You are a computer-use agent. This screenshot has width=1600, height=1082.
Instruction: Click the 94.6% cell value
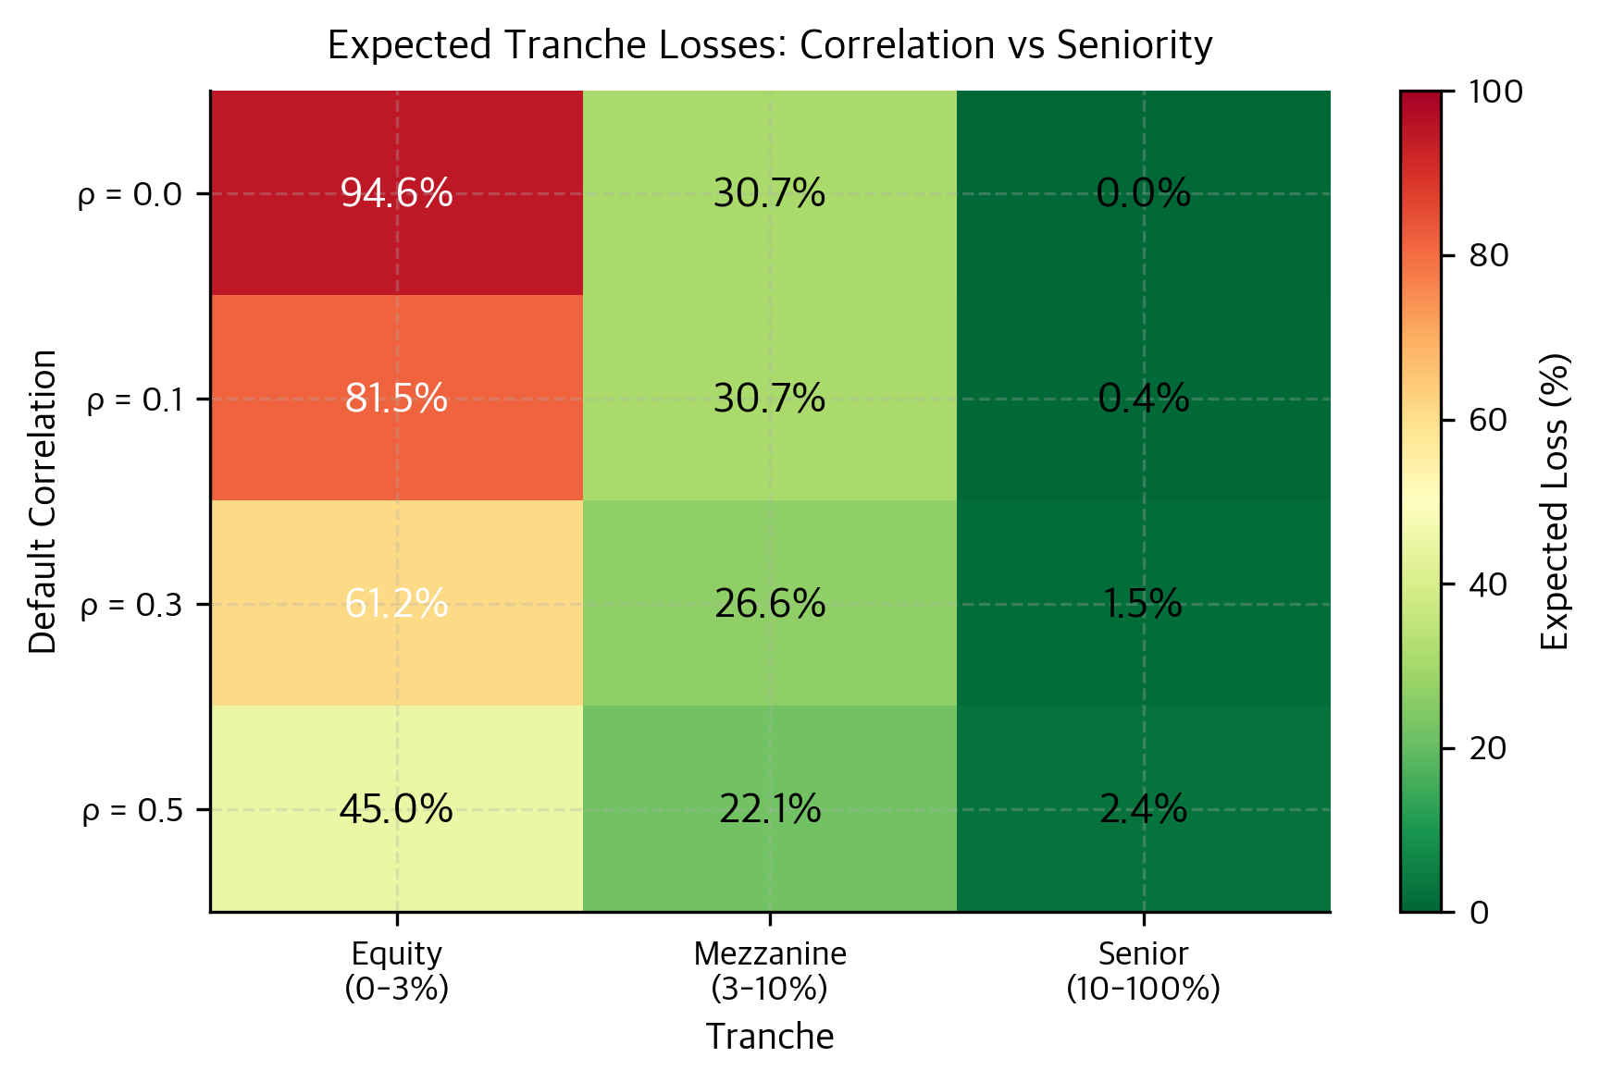[x=396, y=193]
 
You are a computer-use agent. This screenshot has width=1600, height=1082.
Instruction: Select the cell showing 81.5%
[x=396, y=399]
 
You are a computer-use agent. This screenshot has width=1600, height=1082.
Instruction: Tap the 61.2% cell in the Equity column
[x=396, y=604]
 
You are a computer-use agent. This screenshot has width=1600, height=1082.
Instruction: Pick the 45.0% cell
[x=396, y=809]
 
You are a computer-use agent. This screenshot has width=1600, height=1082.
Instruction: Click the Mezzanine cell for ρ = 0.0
[x=769, y=193]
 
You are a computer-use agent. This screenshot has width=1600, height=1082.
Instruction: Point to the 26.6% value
[x=769, y=604]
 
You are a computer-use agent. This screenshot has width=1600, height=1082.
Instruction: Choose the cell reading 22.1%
[x=769, y=809]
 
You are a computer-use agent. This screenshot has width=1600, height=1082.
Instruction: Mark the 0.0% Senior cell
[x=1143, y=193]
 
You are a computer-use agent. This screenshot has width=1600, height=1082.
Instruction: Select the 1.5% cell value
[x=1143, y=604]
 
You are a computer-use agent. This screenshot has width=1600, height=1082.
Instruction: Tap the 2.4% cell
[x=1143, y=809]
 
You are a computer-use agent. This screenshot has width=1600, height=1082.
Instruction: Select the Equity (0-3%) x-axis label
[x=396, y=970]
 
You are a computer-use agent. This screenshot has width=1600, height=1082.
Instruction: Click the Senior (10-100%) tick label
[x=1143, y=970]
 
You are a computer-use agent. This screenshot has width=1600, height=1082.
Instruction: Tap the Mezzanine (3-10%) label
[x=769, y=970]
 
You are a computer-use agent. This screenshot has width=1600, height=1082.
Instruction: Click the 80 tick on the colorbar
[x=1488, y=255]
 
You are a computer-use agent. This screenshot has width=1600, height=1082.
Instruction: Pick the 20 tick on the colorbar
[x=1488, y=748]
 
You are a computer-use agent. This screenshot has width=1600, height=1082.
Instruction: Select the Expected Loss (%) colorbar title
[x=1556, y=501]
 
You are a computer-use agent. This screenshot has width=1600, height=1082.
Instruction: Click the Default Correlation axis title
[x=43, y=501]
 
